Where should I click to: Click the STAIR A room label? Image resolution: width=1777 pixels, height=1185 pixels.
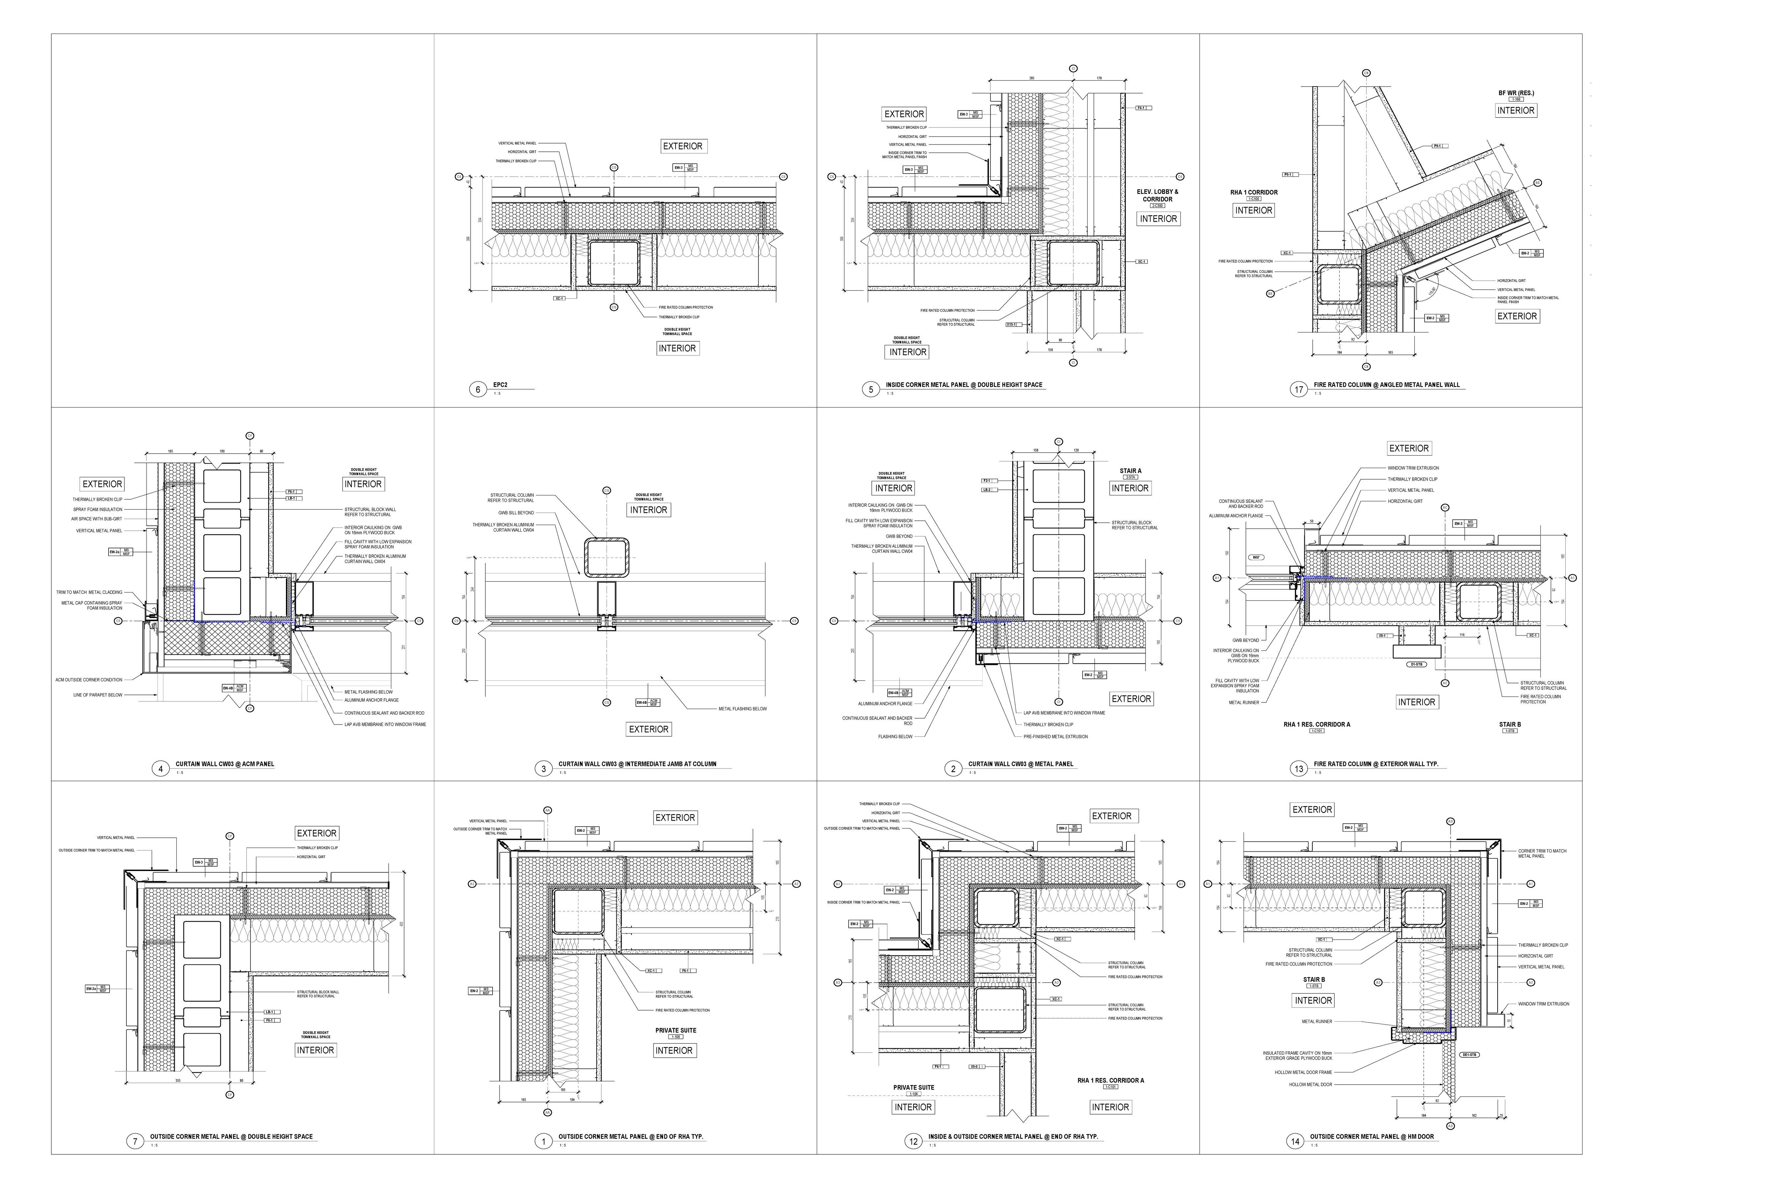[x=1130, y=471]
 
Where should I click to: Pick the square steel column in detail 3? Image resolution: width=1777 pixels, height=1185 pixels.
[x=606, y=558]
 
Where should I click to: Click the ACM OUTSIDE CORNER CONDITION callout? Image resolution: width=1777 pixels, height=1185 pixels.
[x=89, y=679]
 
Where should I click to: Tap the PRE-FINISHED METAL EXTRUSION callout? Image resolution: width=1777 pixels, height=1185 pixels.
[x=1055, y=736]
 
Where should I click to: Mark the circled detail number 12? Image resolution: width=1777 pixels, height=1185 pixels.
[x=914, y=1141]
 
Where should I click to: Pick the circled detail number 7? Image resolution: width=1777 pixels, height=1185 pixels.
[x=135, y=1141]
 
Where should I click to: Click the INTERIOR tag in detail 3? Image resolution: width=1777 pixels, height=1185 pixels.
[x=648, y=510]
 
